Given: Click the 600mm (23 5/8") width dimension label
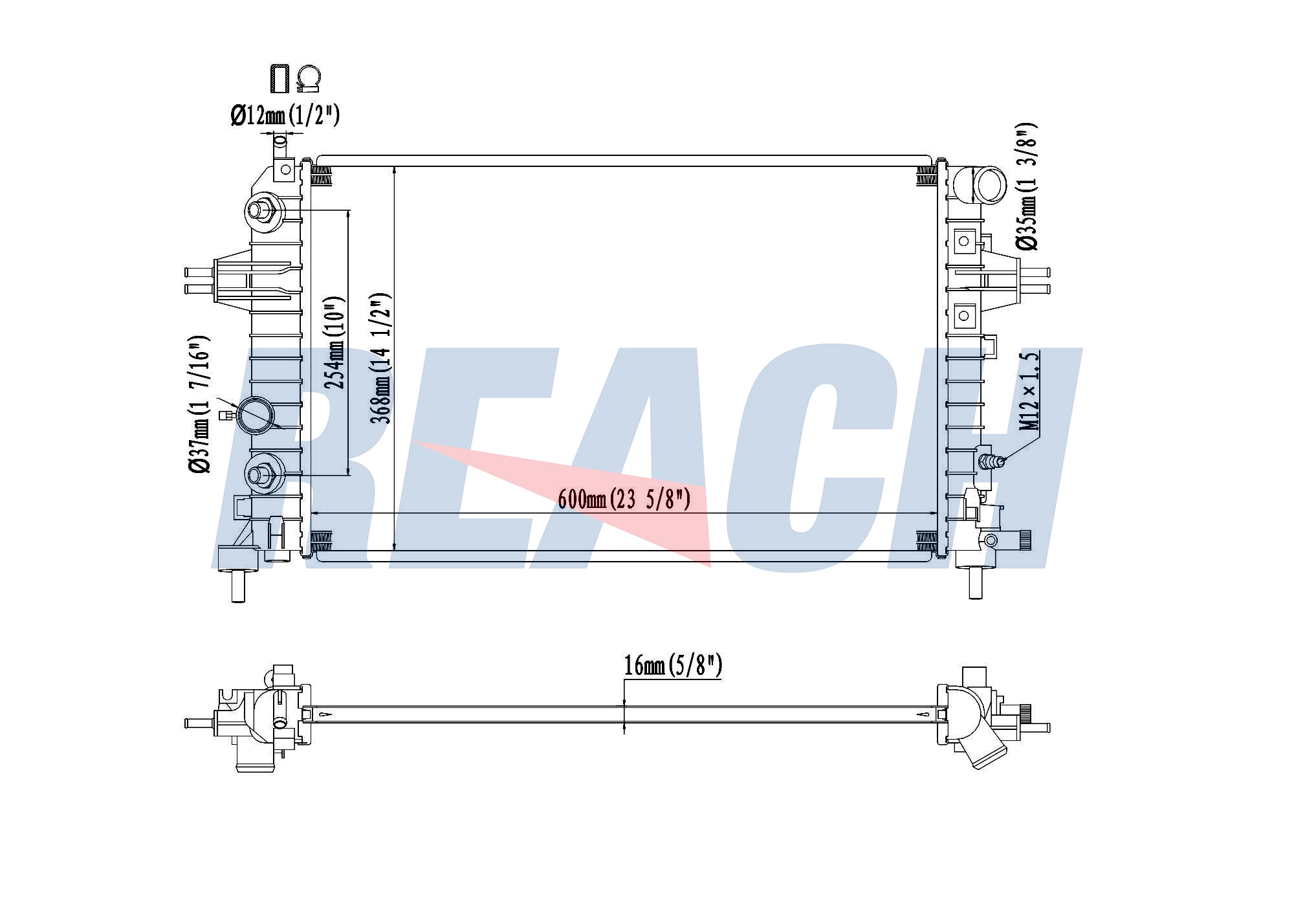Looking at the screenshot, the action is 624,499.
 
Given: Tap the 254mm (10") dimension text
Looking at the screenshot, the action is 334,343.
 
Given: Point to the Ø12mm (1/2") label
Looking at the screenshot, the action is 285,116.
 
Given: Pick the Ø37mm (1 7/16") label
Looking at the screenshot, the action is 199,404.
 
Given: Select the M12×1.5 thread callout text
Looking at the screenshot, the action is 1029,390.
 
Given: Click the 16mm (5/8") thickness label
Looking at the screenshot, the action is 673,665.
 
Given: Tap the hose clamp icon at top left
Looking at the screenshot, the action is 308,79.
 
